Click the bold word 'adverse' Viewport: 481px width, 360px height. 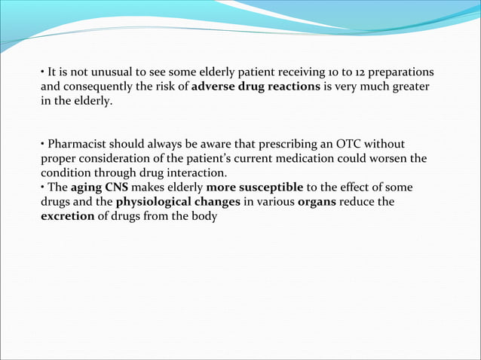pos(214,87)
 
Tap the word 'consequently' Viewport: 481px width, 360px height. pos(96,87)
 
